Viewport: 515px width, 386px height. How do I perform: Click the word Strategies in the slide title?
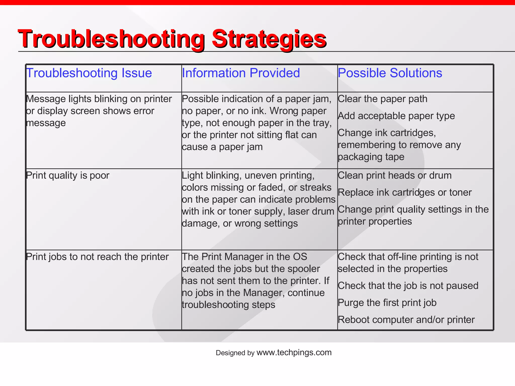click(x=269, y=39)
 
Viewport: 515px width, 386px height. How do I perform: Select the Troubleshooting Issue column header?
click(x=89, y=73)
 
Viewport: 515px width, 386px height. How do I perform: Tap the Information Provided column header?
click(x=241, y=73)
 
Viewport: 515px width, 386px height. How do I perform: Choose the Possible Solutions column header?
click(x=390, y=73)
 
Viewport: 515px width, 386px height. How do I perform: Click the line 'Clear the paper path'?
click(x=382, y=99)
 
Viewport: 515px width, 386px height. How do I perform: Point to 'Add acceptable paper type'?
click(x=396, y=116)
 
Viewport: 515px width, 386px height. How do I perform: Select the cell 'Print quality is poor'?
click(x=68, y=175)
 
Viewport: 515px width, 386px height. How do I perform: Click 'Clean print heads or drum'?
click(x=394, y=175)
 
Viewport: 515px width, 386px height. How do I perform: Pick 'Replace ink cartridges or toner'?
click(x=404, y=192)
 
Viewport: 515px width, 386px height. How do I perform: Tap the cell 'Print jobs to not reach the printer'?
click(x=97, y=257)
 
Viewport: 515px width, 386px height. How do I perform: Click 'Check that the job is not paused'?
click(x=408, y=286)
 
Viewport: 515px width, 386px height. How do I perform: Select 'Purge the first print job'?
click(x=387, y=303)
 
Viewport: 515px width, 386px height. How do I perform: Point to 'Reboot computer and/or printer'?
click(x=406, y=320)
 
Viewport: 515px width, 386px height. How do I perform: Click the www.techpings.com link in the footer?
click(x=294, y=353)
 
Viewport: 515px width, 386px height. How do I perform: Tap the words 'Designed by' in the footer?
click(x=235, y=353)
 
